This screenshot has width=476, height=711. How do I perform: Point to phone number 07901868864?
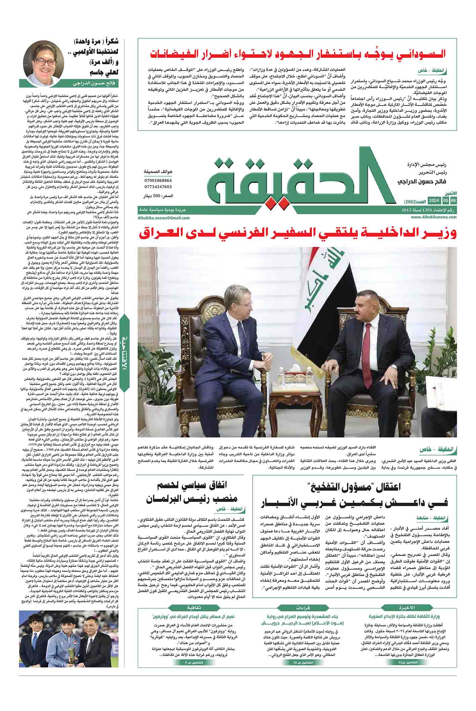click(x=158, y=180)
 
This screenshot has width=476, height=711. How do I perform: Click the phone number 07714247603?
click(x=158, y=186)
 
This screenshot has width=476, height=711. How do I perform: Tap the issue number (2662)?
click(x=413, y=201)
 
